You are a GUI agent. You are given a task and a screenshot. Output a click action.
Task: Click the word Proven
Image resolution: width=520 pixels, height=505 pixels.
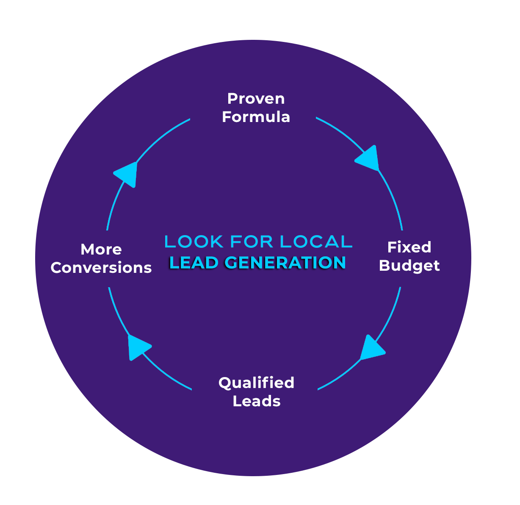(x=256, y=98)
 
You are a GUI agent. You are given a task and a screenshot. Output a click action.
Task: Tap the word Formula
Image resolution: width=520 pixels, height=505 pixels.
(x=256, y=117)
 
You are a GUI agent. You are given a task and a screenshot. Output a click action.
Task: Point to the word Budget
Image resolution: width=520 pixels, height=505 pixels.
(x=409, y=266)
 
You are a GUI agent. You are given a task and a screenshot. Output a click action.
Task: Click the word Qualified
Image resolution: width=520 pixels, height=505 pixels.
(x=256, y=383)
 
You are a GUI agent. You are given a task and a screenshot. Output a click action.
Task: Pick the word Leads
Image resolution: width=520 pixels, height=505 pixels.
(x=257, y=401)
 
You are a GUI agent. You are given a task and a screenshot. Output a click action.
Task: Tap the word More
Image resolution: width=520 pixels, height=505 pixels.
(x=101, y=250)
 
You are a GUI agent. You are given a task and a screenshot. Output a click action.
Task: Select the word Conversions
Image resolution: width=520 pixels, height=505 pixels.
(x=101, y=268)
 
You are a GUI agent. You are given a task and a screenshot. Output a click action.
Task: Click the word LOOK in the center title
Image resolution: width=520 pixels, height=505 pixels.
(x=194, y=241)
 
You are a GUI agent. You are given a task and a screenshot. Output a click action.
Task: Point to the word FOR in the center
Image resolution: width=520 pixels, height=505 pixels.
(x=251, y=241)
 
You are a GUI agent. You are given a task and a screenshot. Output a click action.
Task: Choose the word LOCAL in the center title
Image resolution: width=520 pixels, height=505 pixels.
(x=316, y=241)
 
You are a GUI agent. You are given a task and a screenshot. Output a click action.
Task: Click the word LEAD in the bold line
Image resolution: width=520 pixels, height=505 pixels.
(x=194, y=262)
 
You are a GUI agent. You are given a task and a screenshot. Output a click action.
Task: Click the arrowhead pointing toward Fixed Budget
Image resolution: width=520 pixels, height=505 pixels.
(x=369, y=159)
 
